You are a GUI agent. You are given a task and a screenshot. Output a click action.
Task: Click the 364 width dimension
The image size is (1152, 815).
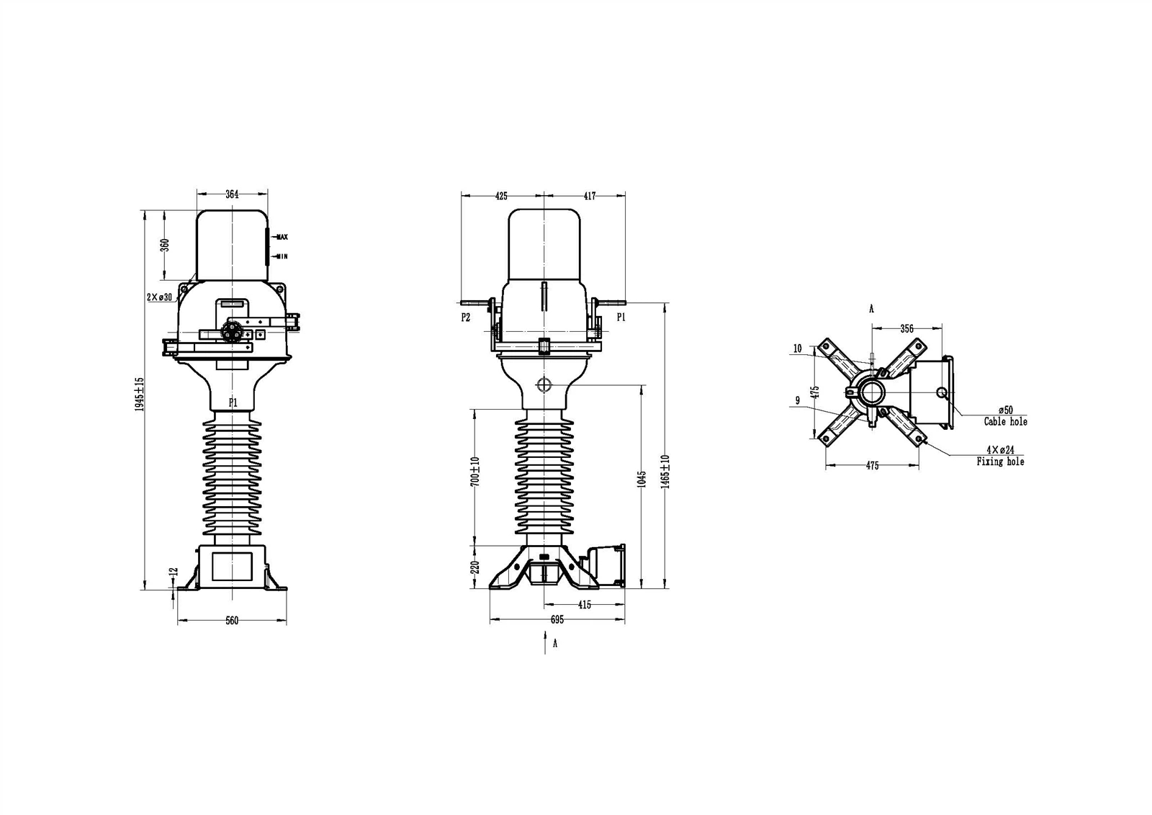tap(233, 194)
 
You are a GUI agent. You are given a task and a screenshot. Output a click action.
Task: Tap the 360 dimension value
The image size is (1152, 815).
tap(165, 245)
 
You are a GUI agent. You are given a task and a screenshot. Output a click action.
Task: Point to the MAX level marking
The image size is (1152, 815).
tap(282, 237)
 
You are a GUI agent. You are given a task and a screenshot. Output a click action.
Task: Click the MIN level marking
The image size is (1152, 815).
tap(282, 256)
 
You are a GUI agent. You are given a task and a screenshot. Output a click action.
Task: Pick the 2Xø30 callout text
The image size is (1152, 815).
tap(159, 297)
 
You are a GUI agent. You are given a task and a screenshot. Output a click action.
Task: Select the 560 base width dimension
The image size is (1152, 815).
tap(233, 621)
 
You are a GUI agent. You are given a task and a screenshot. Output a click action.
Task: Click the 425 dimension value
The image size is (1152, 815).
tap(501, 196)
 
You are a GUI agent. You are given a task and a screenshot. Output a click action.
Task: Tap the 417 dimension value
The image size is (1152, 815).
tap(590, 196)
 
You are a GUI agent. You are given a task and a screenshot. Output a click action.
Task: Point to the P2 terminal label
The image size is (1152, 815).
tap(465, 318)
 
